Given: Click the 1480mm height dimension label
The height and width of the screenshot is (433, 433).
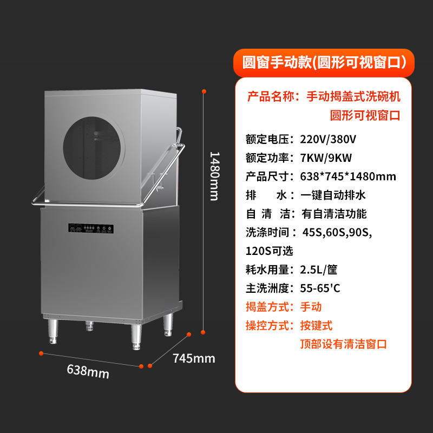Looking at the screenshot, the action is (214, 175).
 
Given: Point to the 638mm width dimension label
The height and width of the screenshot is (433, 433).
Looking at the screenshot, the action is (88, 371).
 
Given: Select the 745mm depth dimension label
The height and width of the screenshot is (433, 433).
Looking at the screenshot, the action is (194, 358).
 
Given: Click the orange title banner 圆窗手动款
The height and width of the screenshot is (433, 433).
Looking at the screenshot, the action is (324, 62).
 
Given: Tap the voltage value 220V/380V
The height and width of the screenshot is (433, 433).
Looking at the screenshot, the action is (328, 139).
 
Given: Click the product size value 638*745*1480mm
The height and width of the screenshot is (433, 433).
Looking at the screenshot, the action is (347, 176).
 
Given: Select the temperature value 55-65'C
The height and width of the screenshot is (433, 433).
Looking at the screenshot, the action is (320, 288).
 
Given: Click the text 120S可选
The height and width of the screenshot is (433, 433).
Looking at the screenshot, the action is (270, 251).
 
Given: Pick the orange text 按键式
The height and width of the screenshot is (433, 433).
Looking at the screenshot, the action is (316, 325).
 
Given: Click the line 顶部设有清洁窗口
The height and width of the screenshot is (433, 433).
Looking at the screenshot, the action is (344, 344).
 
